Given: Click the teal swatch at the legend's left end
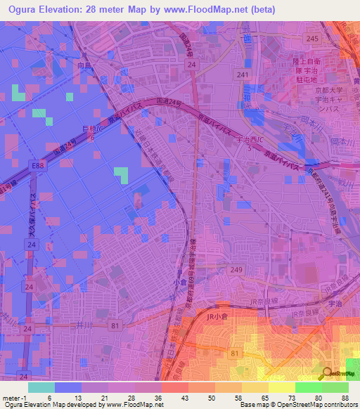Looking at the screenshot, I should click(x=41, y=387).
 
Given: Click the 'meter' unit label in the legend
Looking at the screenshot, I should click(x=11, y=398).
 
